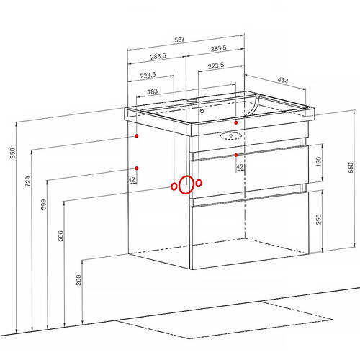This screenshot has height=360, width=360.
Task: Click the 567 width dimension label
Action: pos(179,40)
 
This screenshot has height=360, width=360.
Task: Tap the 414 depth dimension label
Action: pos(283,80)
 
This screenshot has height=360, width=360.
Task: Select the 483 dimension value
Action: pos(152,91)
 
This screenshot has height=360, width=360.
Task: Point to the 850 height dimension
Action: pos(13,153)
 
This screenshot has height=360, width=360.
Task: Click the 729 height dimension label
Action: pos(28,181)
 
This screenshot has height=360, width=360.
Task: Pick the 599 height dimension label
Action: pos(43,204)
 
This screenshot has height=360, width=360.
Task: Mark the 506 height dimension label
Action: pos(60,236)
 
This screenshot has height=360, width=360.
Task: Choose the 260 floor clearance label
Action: pos(78,280)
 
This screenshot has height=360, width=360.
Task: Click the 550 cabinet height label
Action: pos(351,168)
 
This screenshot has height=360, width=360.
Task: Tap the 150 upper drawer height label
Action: pos(318,162)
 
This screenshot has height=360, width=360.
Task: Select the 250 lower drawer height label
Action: pos(318,220)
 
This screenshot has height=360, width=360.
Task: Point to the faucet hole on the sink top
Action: pos(192,100)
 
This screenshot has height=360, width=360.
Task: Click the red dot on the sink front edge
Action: pos(236,122)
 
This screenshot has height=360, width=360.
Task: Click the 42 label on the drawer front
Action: pos(240,167)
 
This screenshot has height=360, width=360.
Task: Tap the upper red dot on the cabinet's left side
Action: pos(137,136)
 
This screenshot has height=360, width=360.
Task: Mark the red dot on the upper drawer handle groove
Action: pos(236,155)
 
